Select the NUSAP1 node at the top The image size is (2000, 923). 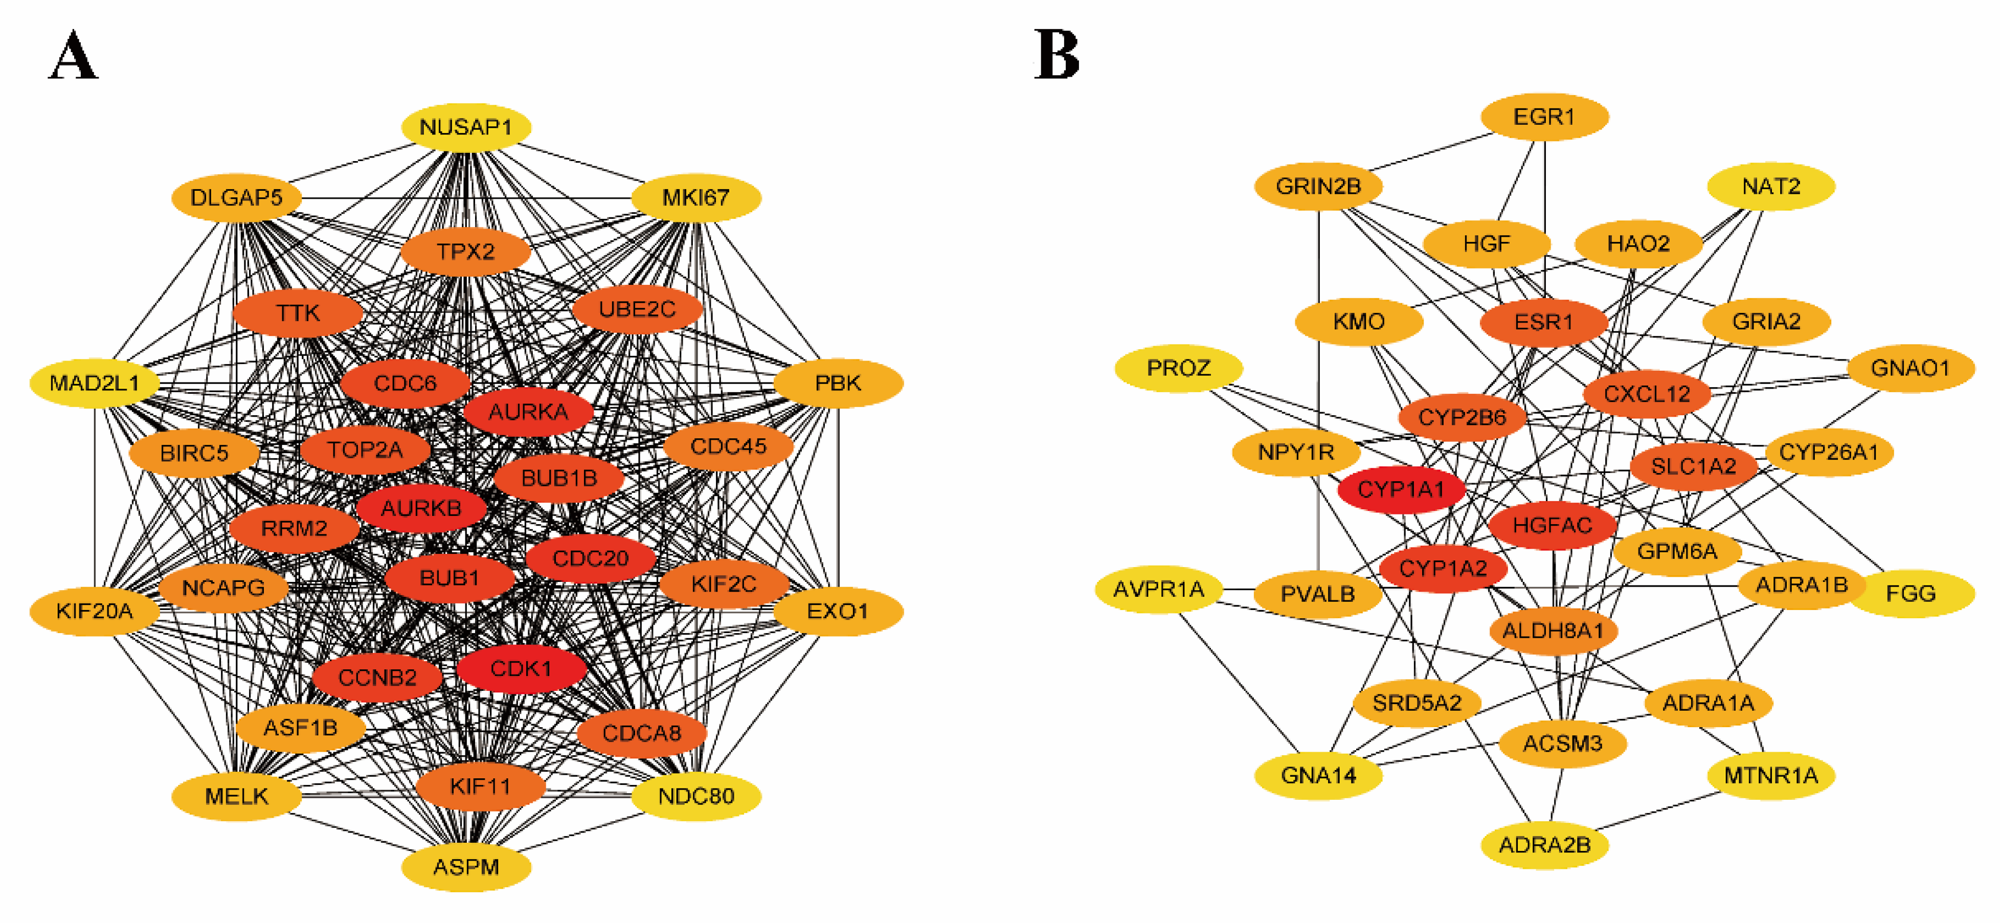click(466, 126)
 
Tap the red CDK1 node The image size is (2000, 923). click(521, 668)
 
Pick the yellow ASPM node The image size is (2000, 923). click(466, 866)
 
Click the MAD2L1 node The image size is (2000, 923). click(94, 382)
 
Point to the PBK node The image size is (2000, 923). click(838, 382)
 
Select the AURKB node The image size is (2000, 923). click(421, 508)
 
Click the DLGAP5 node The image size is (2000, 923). click(236, 197)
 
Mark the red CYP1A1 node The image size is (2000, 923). click(1401, 489)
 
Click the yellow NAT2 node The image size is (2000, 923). click(1770, 186)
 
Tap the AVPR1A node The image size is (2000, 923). click(1158, 589)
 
